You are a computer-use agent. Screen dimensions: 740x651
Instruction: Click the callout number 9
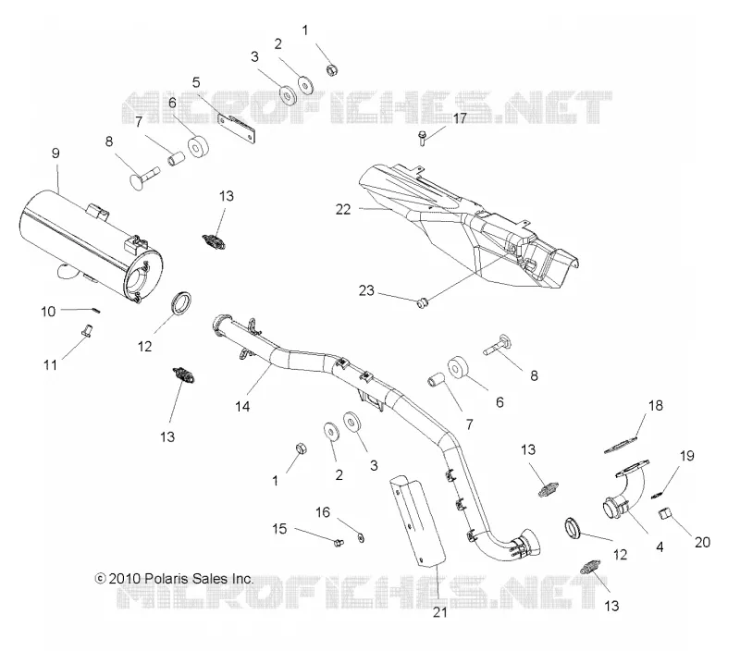click(55, 154)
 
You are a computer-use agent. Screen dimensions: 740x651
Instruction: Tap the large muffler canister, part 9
click(90, 245)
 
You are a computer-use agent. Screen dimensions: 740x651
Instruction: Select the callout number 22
click(343, 210)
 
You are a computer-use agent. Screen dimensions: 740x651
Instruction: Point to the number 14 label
click(242, 406)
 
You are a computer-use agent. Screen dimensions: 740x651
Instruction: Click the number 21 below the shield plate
click(440, 612)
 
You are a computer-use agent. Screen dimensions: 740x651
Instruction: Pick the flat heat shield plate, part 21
click(417, 520)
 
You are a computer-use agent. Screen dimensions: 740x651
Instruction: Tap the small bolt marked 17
click(423, 139)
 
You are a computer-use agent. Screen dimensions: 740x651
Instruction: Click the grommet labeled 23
click(422, 302)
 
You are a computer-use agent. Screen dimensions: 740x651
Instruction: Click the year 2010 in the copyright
click(125, 578)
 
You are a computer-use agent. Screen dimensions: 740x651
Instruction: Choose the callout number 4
click(660, 547)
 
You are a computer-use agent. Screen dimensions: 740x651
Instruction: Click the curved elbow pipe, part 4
click(622, 496)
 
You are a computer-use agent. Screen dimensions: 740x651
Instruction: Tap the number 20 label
click(702, 543)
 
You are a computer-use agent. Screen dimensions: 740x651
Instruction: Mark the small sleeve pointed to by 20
click(664, 513)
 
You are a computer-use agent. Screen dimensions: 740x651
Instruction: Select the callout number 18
click(656, 405)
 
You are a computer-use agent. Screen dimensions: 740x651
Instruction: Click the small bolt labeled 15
click(338, 543)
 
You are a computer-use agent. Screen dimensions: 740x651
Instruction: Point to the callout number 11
click(51, 364)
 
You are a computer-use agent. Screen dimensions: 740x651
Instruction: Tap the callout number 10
click(48, 312)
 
